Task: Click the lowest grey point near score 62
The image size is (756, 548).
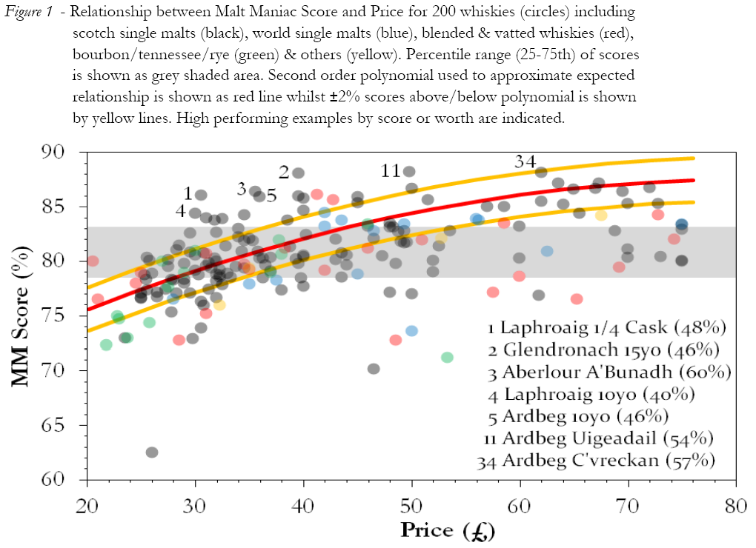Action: (152, 452)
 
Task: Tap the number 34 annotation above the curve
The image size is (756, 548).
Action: (525, 162)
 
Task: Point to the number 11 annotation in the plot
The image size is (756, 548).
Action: (391, 171)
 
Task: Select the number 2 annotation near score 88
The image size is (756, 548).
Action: (284, 172)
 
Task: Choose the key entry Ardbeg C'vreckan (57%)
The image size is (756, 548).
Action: (597, 461)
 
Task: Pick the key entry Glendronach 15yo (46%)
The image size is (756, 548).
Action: (603, 350)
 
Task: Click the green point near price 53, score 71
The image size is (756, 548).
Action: (447, 358)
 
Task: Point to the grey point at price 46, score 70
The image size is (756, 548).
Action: (374, 369)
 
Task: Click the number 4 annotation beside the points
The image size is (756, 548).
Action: (180, 211)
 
